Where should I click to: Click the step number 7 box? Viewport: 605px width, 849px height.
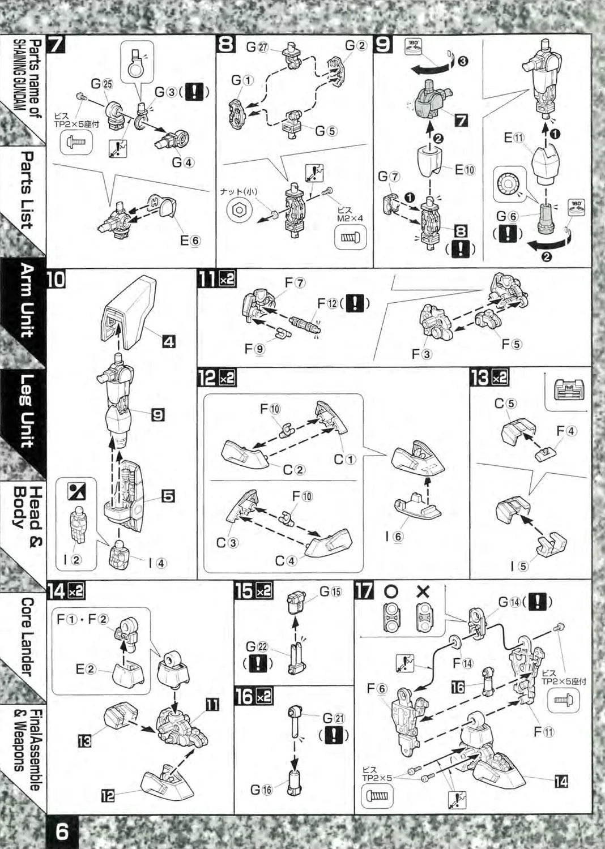pyautogui.click(x=56, y=44)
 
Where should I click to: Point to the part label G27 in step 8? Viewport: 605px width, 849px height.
pyautogui.click(x=256, y=47)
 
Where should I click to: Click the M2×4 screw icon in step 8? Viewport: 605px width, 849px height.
pyautogui.click(x=351, y=238)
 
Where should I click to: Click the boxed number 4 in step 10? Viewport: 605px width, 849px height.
pyautogui.click(x=169, y=341)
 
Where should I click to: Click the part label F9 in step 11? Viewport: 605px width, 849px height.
pyautogui.click(x=254, y=349)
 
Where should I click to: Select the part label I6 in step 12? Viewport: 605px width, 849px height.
pyautogui.click(x=398, y=536)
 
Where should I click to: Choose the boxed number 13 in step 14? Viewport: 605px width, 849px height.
pyautogui.click(x=84, y=739)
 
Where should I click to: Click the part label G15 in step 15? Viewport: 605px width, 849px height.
pyautogui.click(x=330, y=591)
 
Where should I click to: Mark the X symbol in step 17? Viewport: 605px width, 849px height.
pyautogui.click(x=423, y=591)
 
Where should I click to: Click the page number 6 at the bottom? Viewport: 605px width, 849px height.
pyautogui.click(x=62, y=831)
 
